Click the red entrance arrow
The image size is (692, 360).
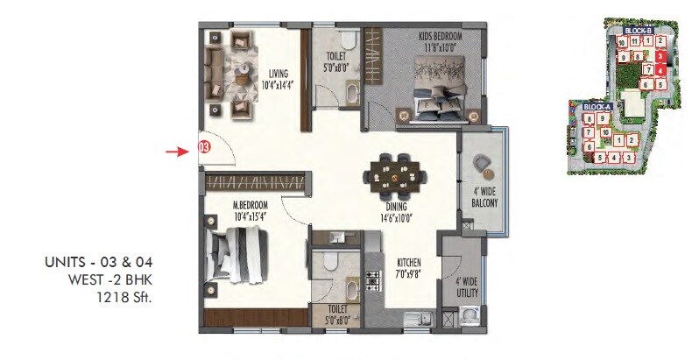(x=178, y=151)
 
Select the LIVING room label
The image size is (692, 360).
(x=279, y=74)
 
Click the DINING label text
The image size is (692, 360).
(x=396, y=207)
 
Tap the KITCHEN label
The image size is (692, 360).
(x=408, y=262)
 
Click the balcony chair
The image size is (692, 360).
(x=483, y=164)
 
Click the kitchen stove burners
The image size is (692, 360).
(x=371, y=282)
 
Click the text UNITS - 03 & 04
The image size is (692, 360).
(x=104, y=261)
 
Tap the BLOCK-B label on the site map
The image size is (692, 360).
(x=639, y=31)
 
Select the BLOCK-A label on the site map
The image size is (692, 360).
(x=596, y=107)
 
